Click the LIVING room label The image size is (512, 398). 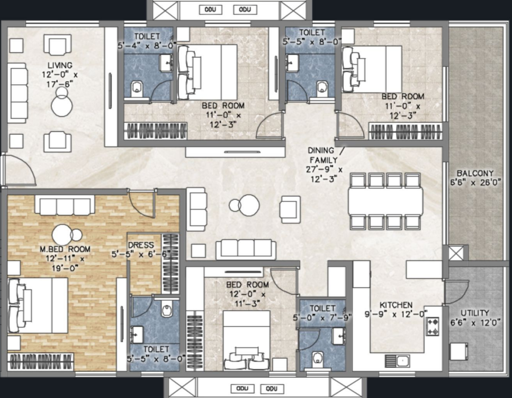click(x=60, y=65)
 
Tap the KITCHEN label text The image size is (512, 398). click(x=396, y=305)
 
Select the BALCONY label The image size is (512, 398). click(x=475, y=173)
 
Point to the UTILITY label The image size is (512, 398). click(x=474, y=313)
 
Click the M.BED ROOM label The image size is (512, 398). click(x=65, y=249)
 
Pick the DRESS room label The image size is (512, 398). click(x=141, y=245)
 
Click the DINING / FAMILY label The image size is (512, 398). click(x=326, y=155)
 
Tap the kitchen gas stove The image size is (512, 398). click(x=433, y=327)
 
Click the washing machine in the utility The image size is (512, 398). click(x=459, y=351)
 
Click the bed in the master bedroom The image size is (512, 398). click(x=38, y=305)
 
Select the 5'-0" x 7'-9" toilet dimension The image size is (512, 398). click(x=322, y=318)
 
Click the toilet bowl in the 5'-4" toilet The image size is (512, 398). click(x=137, y=89)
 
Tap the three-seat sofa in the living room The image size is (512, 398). click(x=17, y=93)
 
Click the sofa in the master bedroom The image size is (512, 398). click(x=65, y=205)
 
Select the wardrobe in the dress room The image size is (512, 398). click(x=170, y=264)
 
